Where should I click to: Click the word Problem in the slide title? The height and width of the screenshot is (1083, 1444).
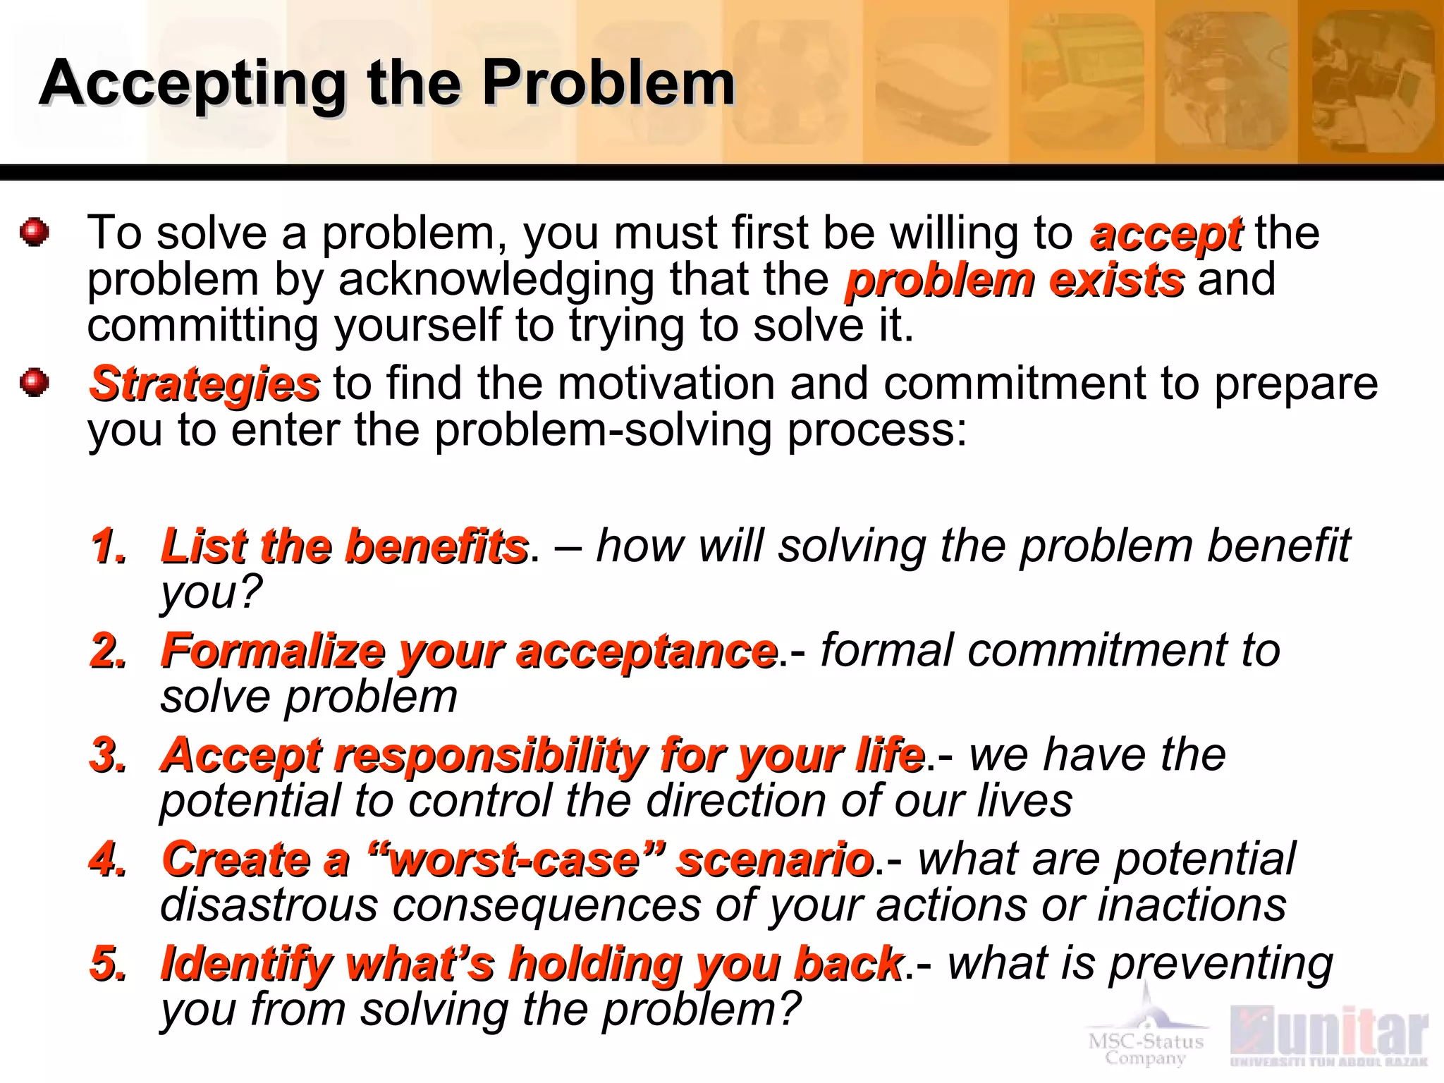pyautogui.click(x=608, y=83)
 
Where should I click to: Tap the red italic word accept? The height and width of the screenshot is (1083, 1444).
pyautogui.click(x=1165, y=234)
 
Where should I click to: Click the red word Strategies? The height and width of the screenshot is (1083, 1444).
pyautogui.click(x=204, y=385)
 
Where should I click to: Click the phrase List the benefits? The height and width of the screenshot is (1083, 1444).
pyautogui.click(x=344, y=546)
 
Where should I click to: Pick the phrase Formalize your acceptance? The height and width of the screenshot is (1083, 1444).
pyautogui.click(x=469, y=650)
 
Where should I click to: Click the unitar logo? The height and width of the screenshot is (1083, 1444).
pyautogui.click(x=1329, y=1035)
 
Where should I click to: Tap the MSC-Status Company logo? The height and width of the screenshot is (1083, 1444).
pyautogui.click(x=1146, y=1036)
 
